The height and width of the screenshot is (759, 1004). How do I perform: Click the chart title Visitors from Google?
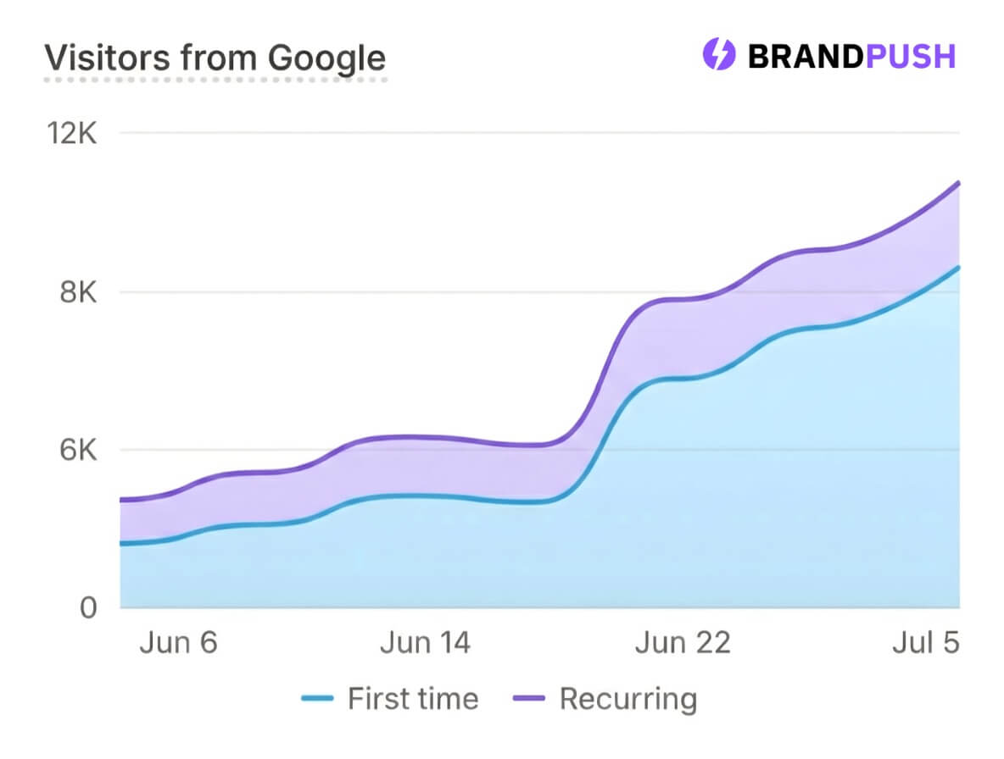pyautogui.click(x=215, y=58)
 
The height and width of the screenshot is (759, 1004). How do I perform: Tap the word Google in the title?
pyautogui.click(x=326, y=58)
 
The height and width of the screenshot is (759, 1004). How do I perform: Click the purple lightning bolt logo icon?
pyautogui.click(x=718, y=56)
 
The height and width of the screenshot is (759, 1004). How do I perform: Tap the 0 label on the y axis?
pyautogui.click(x=88, y=607)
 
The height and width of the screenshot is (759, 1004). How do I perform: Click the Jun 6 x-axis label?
pyautogui.click(x=178, y=643)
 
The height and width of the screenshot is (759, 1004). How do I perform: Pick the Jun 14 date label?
pyautogui.click(x=425, y=643)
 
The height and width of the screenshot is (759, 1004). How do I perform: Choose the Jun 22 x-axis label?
pyautogui.click(x=683, y=643)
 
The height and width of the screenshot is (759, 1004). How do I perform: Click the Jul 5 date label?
pyautogui.click(x=925, y=643)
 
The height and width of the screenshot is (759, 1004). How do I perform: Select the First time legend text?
pyautogui.click(x=413, y=699)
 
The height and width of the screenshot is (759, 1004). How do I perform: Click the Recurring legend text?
pyautogui.click(x=628, y=699)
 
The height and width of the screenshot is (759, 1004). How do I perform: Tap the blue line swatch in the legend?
pyautogui.click(x=320, y=700)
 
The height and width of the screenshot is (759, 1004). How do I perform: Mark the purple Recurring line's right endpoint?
pyautogui.click(x=958, y=183)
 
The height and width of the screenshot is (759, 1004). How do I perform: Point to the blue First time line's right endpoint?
pyautogui.click(x=958, y=268)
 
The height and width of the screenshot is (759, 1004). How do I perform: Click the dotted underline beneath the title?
pyautogui.click(x=215, y=80)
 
